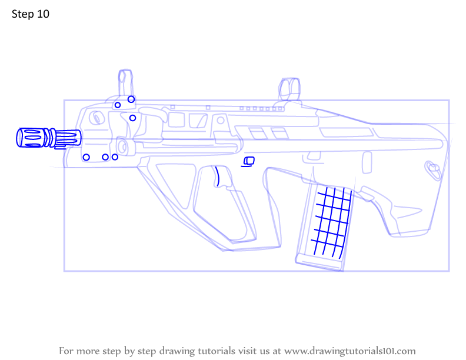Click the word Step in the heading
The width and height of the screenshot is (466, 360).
click(x=23, y=14)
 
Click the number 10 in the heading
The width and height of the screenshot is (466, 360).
click(x=43, y=14)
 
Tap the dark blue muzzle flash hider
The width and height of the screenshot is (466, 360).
click(x=49, y=138)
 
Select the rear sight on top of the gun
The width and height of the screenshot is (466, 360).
click(x=289, y=89)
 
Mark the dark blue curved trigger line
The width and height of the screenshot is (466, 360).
click(x=218, y=176)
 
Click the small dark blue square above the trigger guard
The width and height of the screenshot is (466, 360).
click(x=249, y=161)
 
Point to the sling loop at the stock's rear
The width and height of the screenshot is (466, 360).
click(x=432, y=170)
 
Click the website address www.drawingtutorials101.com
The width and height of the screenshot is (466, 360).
click(x=350, y=351)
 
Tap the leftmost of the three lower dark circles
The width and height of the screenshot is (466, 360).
click(x=86, y=157)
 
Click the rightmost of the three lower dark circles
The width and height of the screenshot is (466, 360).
click(x=115, y=157)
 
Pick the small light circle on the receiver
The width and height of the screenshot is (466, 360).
click(x=221, y=121)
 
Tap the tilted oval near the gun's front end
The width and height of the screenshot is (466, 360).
click(x=96, y=118)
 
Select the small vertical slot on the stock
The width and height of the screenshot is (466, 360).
click(x=367, y=162)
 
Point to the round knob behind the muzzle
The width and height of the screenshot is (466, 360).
click(x=122, y=146)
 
